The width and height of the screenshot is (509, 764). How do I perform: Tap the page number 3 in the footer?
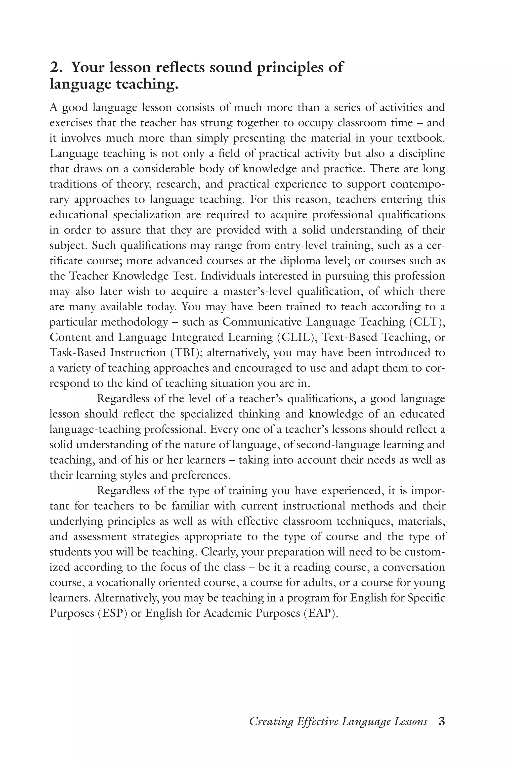pyautogui.click(x=441, y=721)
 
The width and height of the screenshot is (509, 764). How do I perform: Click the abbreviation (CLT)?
pyautogui.click(x=427, y=322)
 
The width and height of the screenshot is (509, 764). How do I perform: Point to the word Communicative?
pyautogui.click(x=263, y=322)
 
